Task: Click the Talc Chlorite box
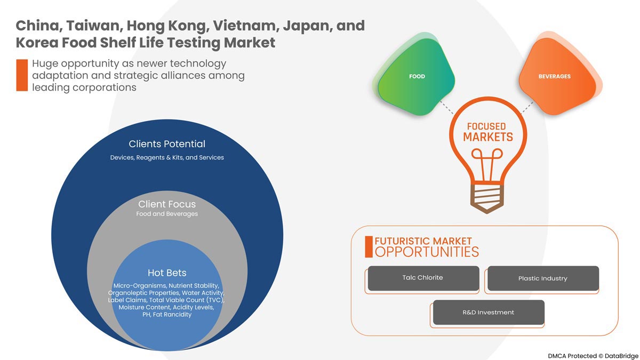click(422, 278)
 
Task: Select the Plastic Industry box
click(542, 278)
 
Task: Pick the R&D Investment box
click(488, 312)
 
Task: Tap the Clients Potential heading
click(167, 144)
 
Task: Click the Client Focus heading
click(167, 204)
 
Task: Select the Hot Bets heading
click(167, 274)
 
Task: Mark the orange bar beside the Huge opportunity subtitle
click(22, 75)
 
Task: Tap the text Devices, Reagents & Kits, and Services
click(167, 157)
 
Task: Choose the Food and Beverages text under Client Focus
click(167, 214)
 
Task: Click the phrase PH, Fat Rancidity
click(167, 315)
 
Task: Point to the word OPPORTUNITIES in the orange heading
click(427, 252)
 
